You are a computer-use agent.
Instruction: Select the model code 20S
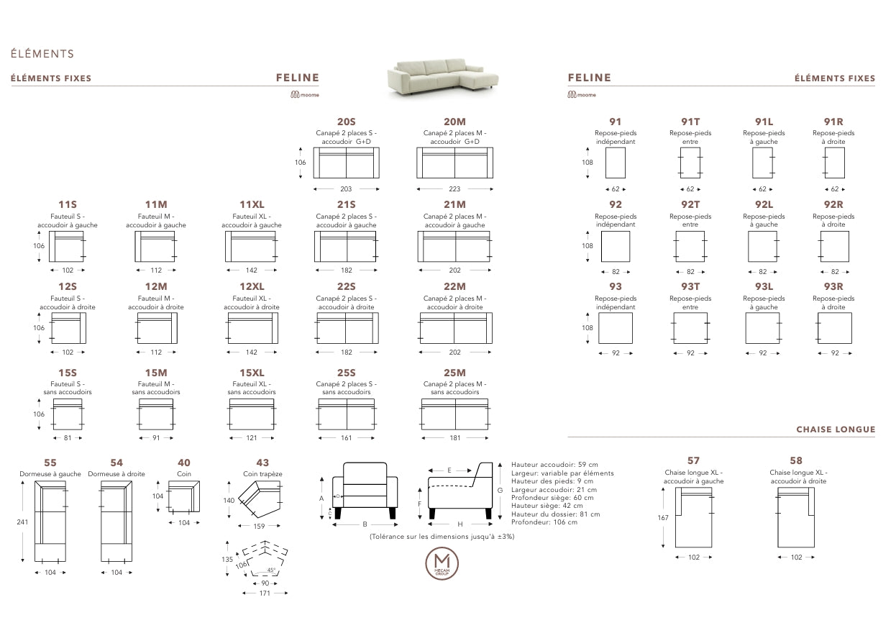[346, 122]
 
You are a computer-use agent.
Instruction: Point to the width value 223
[454, 189]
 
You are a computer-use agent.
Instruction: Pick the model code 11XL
[252, 205]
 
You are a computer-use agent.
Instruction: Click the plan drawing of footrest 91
[616, 163]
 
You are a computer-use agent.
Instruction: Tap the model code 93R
[834, 287]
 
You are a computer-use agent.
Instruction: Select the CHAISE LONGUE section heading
[836, 429]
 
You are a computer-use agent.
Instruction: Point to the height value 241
[22, 522]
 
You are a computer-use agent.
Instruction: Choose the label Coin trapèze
[262, 474]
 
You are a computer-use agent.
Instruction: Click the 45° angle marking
[270, 570]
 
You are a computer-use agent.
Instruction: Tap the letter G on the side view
[499, 489]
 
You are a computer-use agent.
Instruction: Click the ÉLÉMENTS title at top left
[42, 54]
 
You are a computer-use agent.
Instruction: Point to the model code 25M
[454, 373]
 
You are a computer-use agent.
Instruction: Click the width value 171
[265, 593]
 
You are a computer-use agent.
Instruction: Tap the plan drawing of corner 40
[184, 496]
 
